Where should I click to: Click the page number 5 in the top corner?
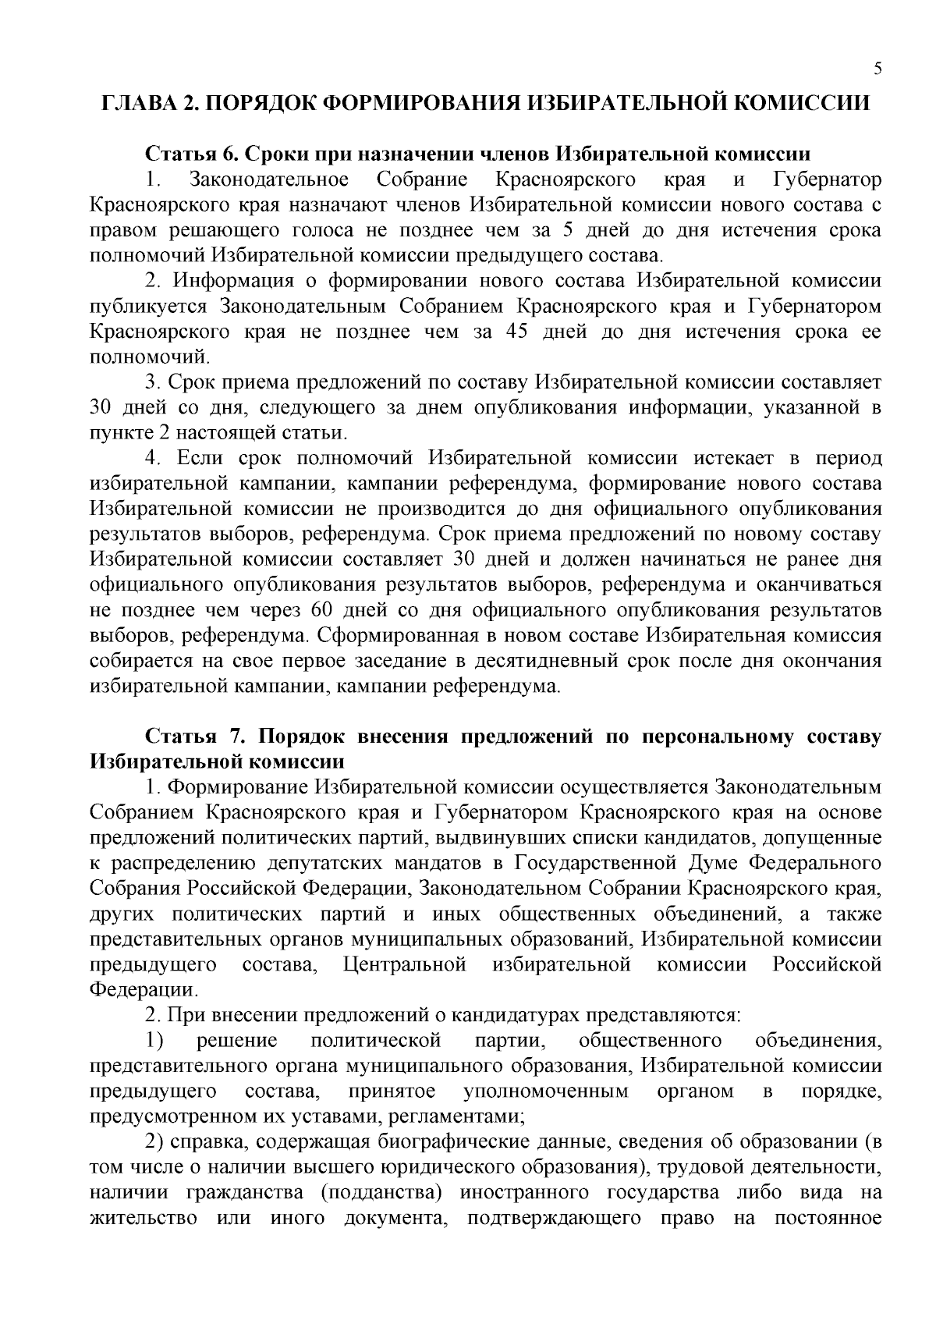[878, 69]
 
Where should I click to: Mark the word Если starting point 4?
[202, 458]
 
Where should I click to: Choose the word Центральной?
[405, 965]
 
